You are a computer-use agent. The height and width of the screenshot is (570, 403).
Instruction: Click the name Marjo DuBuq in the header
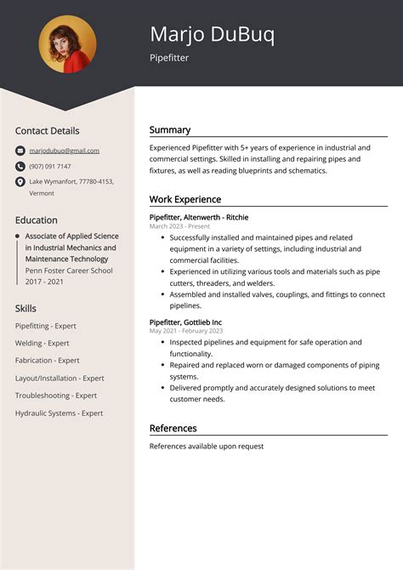tap(212, 34)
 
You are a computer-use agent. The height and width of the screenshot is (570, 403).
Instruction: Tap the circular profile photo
tap(67, 44)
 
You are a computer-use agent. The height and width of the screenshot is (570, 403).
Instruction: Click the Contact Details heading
tap(47, 131)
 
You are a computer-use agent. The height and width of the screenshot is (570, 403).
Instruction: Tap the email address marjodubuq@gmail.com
tap(64, 151)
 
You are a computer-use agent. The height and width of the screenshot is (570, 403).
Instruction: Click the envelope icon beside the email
tap(20, 151)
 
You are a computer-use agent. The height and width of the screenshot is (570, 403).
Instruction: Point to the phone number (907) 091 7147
tap(50, 166)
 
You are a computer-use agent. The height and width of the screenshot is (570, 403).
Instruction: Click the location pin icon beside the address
tap(20, 182)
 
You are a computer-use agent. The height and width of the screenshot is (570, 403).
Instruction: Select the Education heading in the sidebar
tap(37, 219)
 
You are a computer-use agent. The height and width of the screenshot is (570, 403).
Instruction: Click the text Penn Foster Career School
tap(69, 271)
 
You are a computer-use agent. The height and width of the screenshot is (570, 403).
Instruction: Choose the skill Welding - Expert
tap(42, 343)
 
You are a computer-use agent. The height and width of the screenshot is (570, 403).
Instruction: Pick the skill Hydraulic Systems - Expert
tap(59, 413)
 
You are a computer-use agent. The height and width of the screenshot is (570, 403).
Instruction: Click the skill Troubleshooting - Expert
tap(56, 396)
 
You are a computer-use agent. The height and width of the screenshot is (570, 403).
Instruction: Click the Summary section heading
tap(170, 130)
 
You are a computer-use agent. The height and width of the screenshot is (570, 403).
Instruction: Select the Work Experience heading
tap(184, 199)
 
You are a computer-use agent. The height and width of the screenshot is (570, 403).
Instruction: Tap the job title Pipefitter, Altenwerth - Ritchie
tap(199, 217)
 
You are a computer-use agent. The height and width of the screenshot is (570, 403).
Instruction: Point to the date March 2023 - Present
tap(179, 226)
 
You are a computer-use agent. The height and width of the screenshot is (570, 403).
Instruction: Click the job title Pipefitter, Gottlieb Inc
tap(185, 322)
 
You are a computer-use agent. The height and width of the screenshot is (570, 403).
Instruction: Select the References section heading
tap(173, 428)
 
